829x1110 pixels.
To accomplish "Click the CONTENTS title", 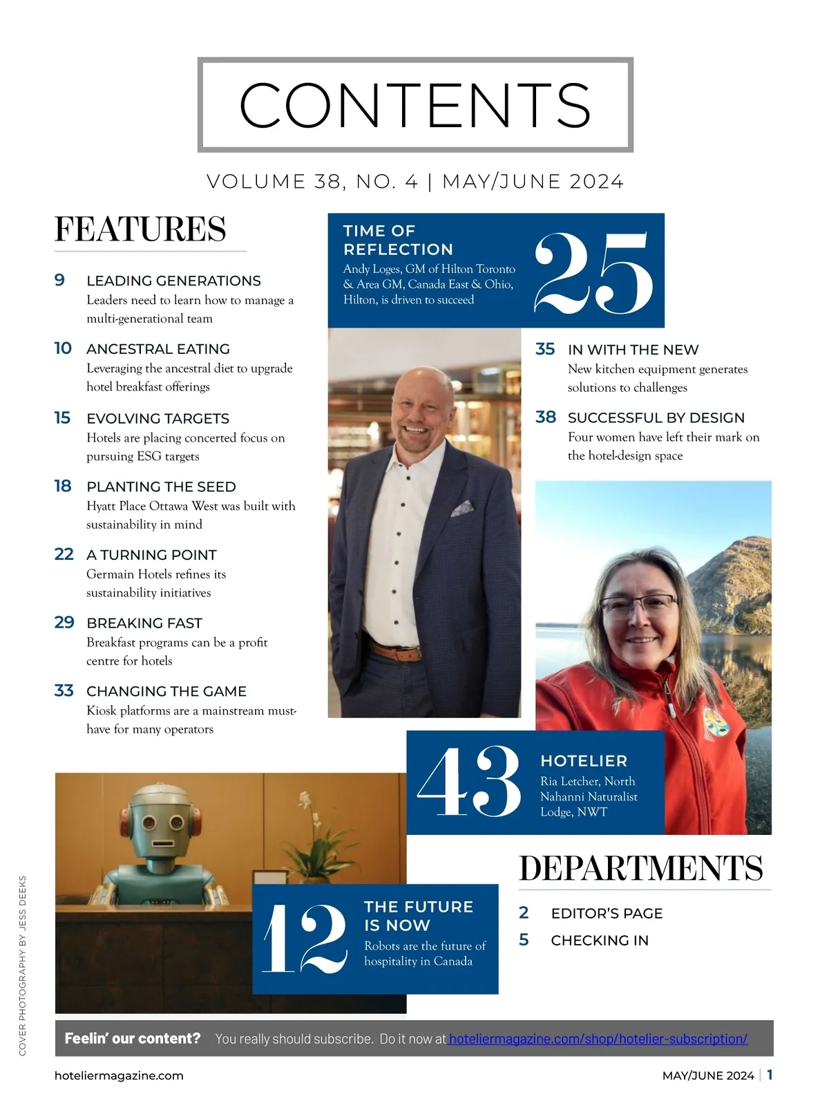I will [x=415, y=105].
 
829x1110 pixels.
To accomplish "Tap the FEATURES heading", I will [x=140, y=229].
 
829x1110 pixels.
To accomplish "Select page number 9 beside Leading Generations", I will [x=60, y=280].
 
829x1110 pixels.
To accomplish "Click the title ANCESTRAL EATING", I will [x=158, y=349].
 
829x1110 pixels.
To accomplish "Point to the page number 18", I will [x=63, y=487].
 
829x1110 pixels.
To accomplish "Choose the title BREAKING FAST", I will [x=144, y=623].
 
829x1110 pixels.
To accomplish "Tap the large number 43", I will [x=469, y=782].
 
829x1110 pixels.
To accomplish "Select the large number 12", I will [x=305, y=939].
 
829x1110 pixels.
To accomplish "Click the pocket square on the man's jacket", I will [x=463, y=509].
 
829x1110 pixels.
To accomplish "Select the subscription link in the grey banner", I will [x=598, y=1039].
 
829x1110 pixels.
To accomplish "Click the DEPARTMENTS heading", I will [x=641, y=869].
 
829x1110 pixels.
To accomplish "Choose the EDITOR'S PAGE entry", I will [x=607, y=914].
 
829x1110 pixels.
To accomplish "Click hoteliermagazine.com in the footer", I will [x=119, y=1075].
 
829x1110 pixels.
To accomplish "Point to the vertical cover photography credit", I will [x=23, y=965].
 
